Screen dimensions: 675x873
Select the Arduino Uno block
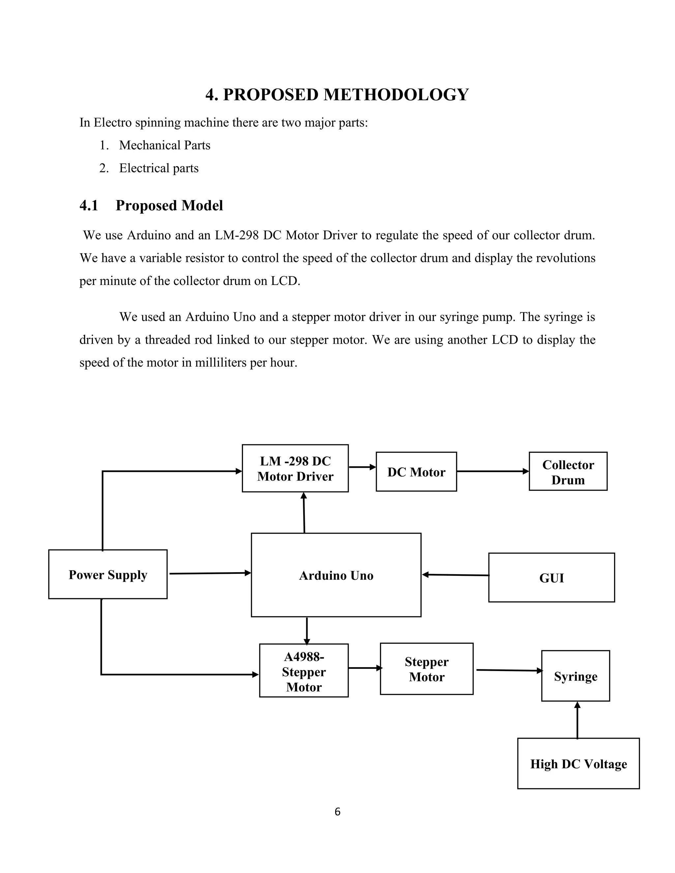click(336, 575)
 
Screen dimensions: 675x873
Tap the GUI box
click(551, 577)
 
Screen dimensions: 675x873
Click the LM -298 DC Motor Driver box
click(295, 468)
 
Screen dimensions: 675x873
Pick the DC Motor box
click(416, 472)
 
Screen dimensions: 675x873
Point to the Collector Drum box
click(568, 471)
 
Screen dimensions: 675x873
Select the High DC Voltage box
click(578, 764)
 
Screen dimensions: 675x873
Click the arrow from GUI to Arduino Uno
click(455, 575)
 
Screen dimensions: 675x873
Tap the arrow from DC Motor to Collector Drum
click(493, 471)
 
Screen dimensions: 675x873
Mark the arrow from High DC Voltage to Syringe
click(577, 720)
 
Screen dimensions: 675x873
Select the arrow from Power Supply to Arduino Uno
click(210, 573)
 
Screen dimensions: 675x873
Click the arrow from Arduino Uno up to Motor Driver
click(304, 513)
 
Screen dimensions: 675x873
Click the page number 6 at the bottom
click(337, 812)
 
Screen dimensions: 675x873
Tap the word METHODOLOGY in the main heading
click(396, 95)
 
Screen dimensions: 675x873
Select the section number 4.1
click(89, 206)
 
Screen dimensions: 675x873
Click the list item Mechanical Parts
click(165, 145)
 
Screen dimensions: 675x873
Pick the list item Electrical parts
click(159, 168)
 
